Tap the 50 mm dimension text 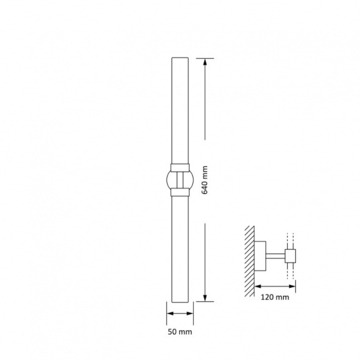(x=180, y=332)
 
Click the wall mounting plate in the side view (x=260, y=256)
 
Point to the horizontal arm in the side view (x=276, y=256)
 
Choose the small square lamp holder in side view (x=290, y=255)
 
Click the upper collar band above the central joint (x=180, y=166)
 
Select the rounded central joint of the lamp (x=179, y=179)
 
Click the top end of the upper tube (x=180, y=59)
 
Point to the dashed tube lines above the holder (x=290, y=240)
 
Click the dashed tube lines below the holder (x=290, y=272)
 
